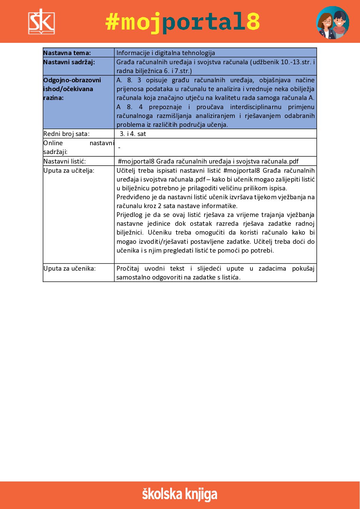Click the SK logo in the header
[41, 22]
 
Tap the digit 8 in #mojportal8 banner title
[252, 22]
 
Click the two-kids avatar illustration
[332, 22]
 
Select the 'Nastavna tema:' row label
[67, 53]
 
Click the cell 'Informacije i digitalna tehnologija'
[166, 53]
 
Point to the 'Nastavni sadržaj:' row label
[69, 62]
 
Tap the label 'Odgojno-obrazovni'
[72, 80]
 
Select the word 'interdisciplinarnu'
[256, 107]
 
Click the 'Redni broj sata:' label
[66, 134]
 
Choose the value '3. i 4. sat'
[133, 134]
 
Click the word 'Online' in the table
[53, 143]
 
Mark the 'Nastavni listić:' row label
[65, 161]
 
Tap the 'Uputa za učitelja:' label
[69, 170]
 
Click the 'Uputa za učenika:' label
[69, 268]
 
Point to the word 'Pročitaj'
[128, 268]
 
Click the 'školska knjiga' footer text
[180, 494]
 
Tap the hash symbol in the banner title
[113, 22]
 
